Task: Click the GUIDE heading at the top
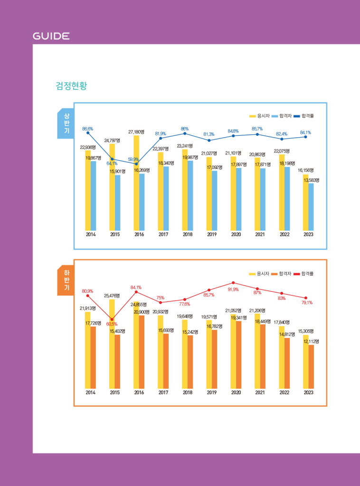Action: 51,36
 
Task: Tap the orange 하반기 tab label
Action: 66,280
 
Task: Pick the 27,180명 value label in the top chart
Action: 136,131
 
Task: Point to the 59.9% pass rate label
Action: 133,159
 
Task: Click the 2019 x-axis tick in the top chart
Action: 212,234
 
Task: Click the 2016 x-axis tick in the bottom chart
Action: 139,393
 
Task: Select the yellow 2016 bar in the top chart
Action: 136,183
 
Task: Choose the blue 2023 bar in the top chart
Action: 311,206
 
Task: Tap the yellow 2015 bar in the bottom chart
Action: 112,344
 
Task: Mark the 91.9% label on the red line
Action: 233,289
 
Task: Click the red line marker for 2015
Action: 112,319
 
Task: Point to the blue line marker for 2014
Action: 88,133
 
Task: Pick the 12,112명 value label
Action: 311,341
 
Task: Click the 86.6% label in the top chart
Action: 87,129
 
